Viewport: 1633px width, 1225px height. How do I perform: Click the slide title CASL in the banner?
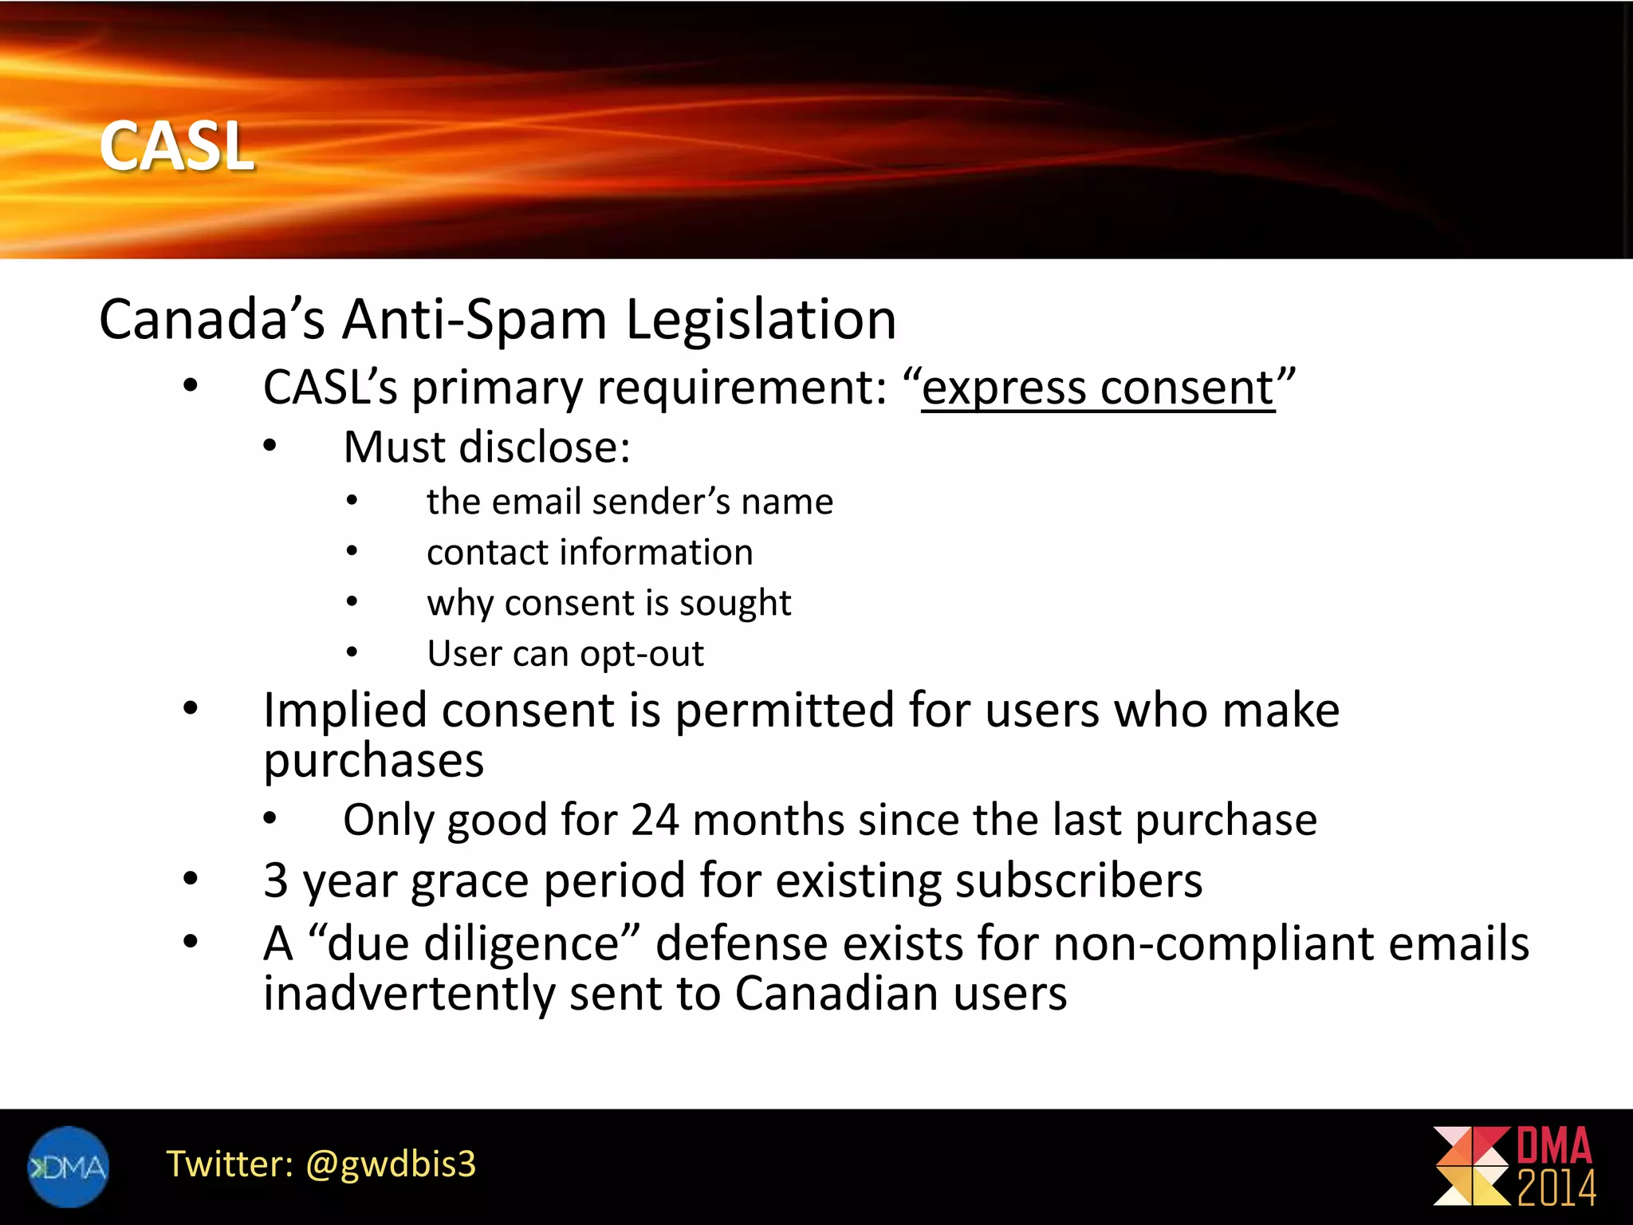[x=176, y=147]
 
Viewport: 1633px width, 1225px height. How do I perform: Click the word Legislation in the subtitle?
[x=761, y=320]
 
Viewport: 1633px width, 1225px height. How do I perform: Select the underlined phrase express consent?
[x=1098, y=388]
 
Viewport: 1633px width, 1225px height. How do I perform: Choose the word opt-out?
[x=642, y=654]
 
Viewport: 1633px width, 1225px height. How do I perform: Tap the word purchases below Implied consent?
[x=373, y=760]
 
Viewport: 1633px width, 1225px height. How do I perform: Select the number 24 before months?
[x=655, y=820]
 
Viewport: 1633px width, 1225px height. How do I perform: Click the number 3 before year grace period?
[x=276, y=880]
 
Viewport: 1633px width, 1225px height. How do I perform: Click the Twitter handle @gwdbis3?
[x=391, y=1164]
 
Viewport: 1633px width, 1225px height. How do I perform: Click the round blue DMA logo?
[x=68, y=1167]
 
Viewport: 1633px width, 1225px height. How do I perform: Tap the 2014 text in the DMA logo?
[x=1556, y=1189]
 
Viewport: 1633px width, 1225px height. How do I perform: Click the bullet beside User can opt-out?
[x=352, y=653]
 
